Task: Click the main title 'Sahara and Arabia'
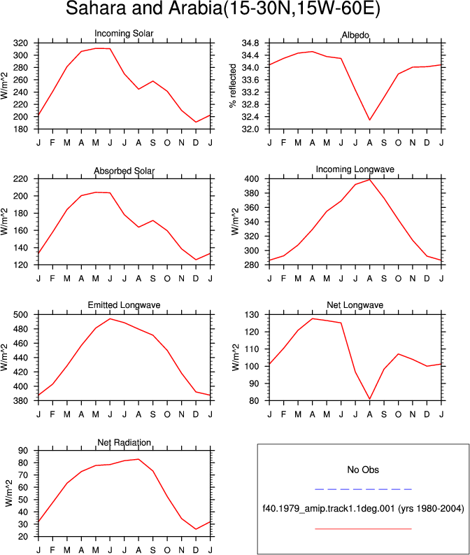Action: pyautogui.click(x=143, y=8)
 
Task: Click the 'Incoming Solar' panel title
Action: pyautogui.click(x=124, y=34)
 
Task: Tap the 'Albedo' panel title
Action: pyautogui.click(x=355, y=35)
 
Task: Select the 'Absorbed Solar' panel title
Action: pyautogui.click(x=124, y=171)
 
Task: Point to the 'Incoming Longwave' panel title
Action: pyautogui.click(x=355, y=169)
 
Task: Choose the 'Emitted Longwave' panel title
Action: pyautogui.click(x=124, y=305)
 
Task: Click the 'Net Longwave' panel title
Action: pyautogui.click(x=355, y=305)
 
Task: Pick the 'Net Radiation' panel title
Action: pyautogui.click(x=124, y=442)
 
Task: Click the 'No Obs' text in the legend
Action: pyautogui.click(x=363, y=470)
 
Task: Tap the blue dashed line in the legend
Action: pyautogui.click(x=363, y=489)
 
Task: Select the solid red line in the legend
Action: pyautogui.click(x=363, y=529)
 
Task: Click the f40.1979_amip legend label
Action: pyautogui.click(x=363, y=509)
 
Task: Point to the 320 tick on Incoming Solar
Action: pyautogui.click(x=20, y=43)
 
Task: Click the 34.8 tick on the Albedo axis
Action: pyautogui.click(x=250, y=43)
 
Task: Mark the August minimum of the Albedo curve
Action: pyautogui.click(x=369, y=120)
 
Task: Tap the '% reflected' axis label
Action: pyautogui.click(x=232, y=85)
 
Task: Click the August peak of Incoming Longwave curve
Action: pyautogui.click(x=369, y=179)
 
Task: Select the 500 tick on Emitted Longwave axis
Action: pyautogui.click(x=20, y=315)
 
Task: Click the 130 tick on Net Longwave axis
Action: pyautogui.click(x=252, y=315)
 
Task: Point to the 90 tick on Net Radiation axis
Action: pyautogui.click(x=23, y=451)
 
